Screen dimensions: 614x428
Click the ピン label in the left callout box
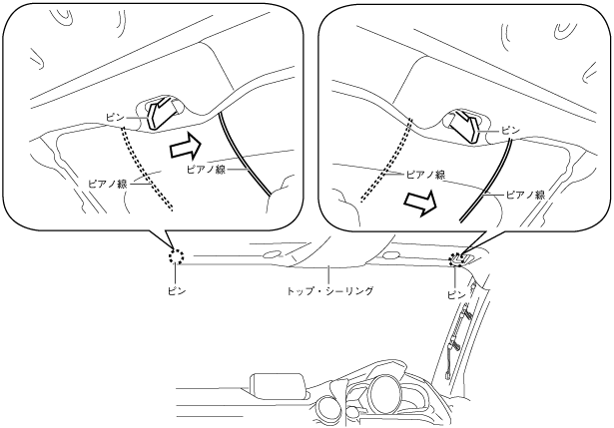pyautogui.click(x=115, y=118)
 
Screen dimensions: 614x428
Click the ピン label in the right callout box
pyautogui.click(x=510, y=131)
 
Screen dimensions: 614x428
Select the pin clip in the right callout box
pyautogui.click(x=465, y=127)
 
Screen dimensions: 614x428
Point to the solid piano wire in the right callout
pyautogui.click(x=486, y=181)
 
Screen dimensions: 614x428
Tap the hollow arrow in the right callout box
pyautogui.click(x=420, y=204)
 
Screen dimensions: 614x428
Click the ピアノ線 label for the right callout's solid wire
pyautogui.click(x=525, y=195)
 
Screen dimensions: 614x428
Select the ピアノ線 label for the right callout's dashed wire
pyautogui.click(x=425, y=175)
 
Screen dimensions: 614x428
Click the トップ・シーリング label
pyautogui.click(x=329, y=291)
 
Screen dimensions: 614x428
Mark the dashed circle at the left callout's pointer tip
pyautogui.click(x=176, y=256)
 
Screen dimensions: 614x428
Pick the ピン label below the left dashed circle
pyautogui.click(x=176, y=291)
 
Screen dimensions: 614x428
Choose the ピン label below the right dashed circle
pyautogui.click(x=456, y=295)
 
